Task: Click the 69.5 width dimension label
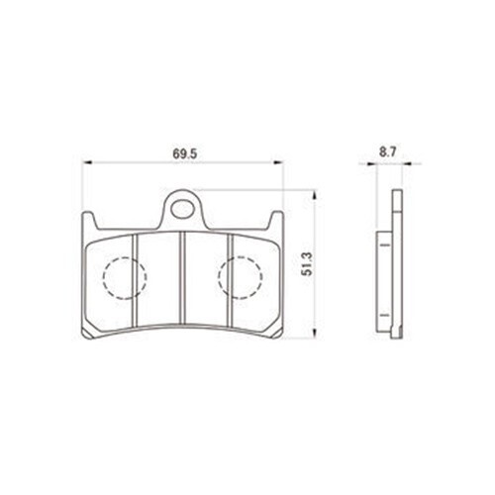click(x=185, y=153)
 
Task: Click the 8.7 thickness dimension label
click(x=388, y=152)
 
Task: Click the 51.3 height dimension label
click(x=307, y=264)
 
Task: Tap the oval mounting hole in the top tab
click(x=182, y=209)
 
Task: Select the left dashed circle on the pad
click(x=125, y=277)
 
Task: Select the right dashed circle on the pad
click(x=241, y=277)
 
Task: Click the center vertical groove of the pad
click(x=182, y=277)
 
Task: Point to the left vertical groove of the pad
click(x=135, y=281)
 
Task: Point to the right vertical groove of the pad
click(x=231, y=281)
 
